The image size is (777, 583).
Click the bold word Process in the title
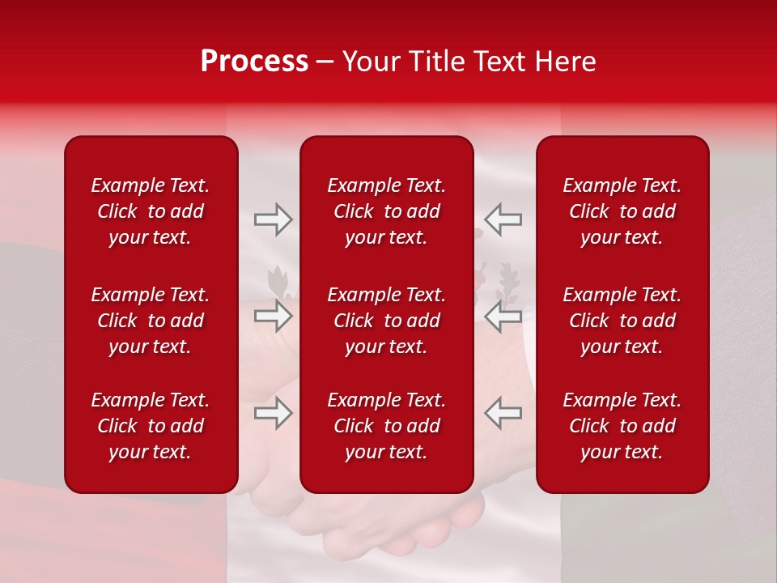tap(254, 62)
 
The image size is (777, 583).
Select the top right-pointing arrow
tap(273, 219)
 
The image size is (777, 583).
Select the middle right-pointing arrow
tap(273, 316)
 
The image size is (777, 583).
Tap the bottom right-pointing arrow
tap(273, 413)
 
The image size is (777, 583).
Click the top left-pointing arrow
tap(503, 219)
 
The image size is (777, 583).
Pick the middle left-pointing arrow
tap(503, 316)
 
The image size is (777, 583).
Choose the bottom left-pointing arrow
tap(503, 413)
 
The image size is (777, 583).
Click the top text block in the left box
tap(151, 211)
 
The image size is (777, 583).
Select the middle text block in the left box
tap(151, 321)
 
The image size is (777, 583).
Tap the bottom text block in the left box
tap(151, 426)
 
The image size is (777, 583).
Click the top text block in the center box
tap(387, 211)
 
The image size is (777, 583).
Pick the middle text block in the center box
tap(387, 321)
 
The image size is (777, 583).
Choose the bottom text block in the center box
tap(387, 426)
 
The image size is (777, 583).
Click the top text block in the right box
tap(622, 211)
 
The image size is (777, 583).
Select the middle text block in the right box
tap(622, 321)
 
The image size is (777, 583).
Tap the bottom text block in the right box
tap(622, 426)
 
